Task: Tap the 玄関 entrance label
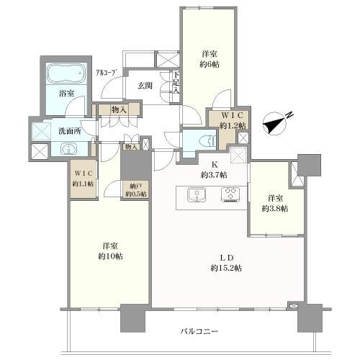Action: pos(145,86)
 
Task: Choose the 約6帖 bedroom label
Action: pos(210,58)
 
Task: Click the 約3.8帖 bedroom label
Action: pos(275,203)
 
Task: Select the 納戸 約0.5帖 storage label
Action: pos(135,189)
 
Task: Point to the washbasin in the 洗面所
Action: pos(68,150)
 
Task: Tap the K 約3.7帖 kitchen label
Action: pos(213,169)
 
